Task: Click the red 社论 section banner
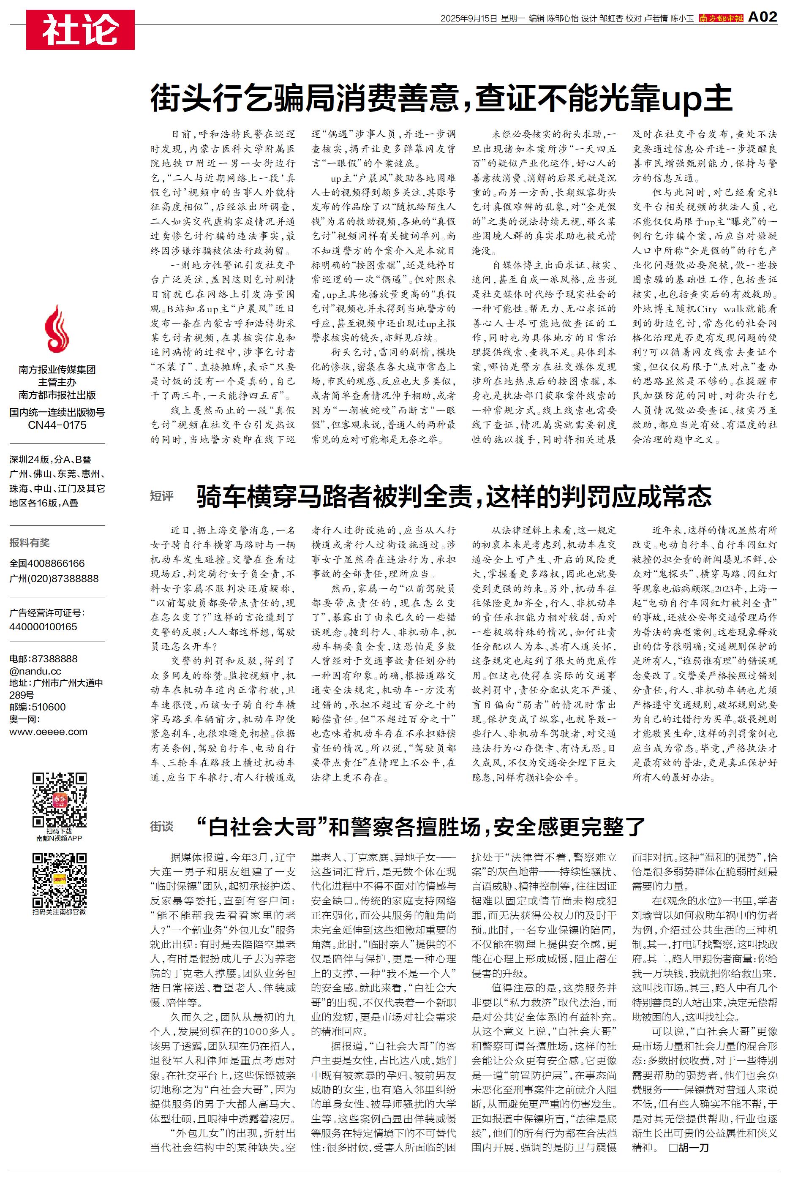pyautogui.click(x=80, y=30)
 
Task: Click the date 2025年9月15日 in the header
pyautogui.click(x=468, y=19)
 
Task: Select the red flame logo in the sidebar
pyautogui.click(x=57, y=329)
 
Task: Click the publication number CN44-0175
pyautogui.click(x=57, y=425)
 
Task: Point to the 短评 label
pyautogui.click(x=162, y=496)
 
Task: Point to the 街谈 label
pyautogui.click(x=162, y=826)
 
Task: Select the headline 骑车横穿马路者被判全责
pyautogui.click(x=454, y=496)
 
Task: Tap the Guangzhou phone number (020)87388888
pyautogui.click(x=54, y=578)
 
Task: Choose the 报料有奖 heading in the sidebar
pyautogui.click(x=30, y=542)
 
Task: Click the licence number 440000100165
pyautogui.click(x=43, y=627)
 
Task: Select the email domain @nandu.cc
pyautogui.click(x=35, y=671)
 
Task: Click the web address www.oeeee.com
pyautogui.click(x=48, y=732)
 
